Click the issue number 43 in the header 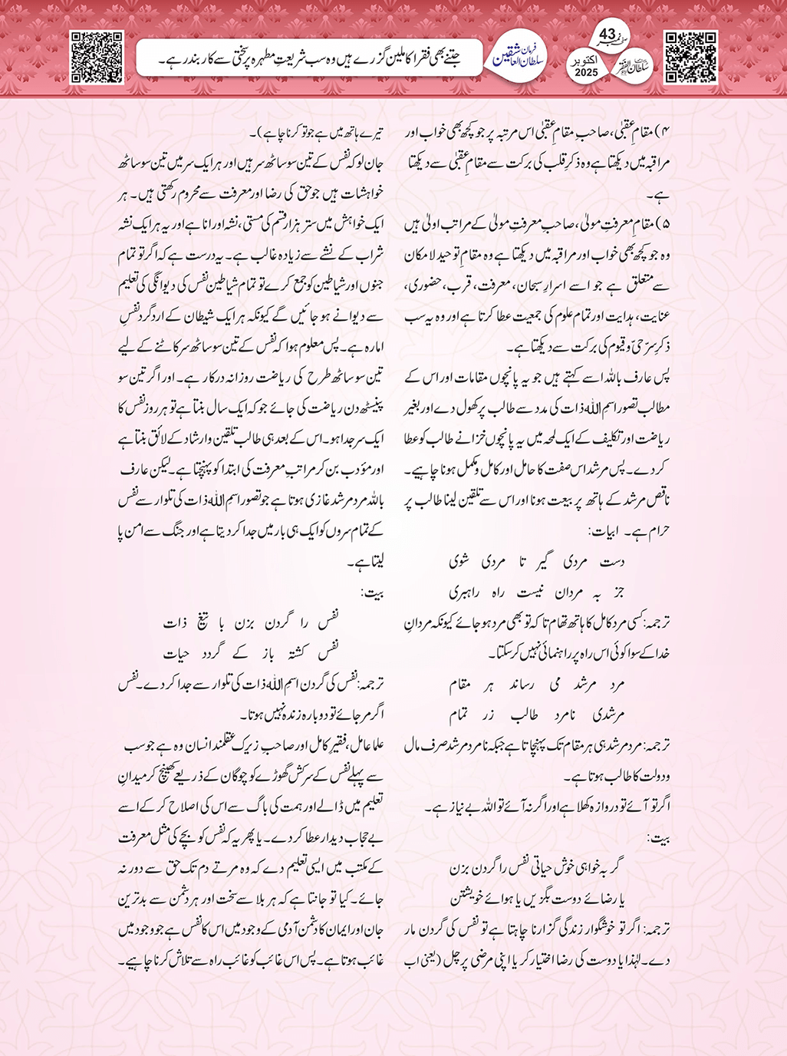[607, 35]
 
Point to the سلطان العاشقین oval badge [518, 57]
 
